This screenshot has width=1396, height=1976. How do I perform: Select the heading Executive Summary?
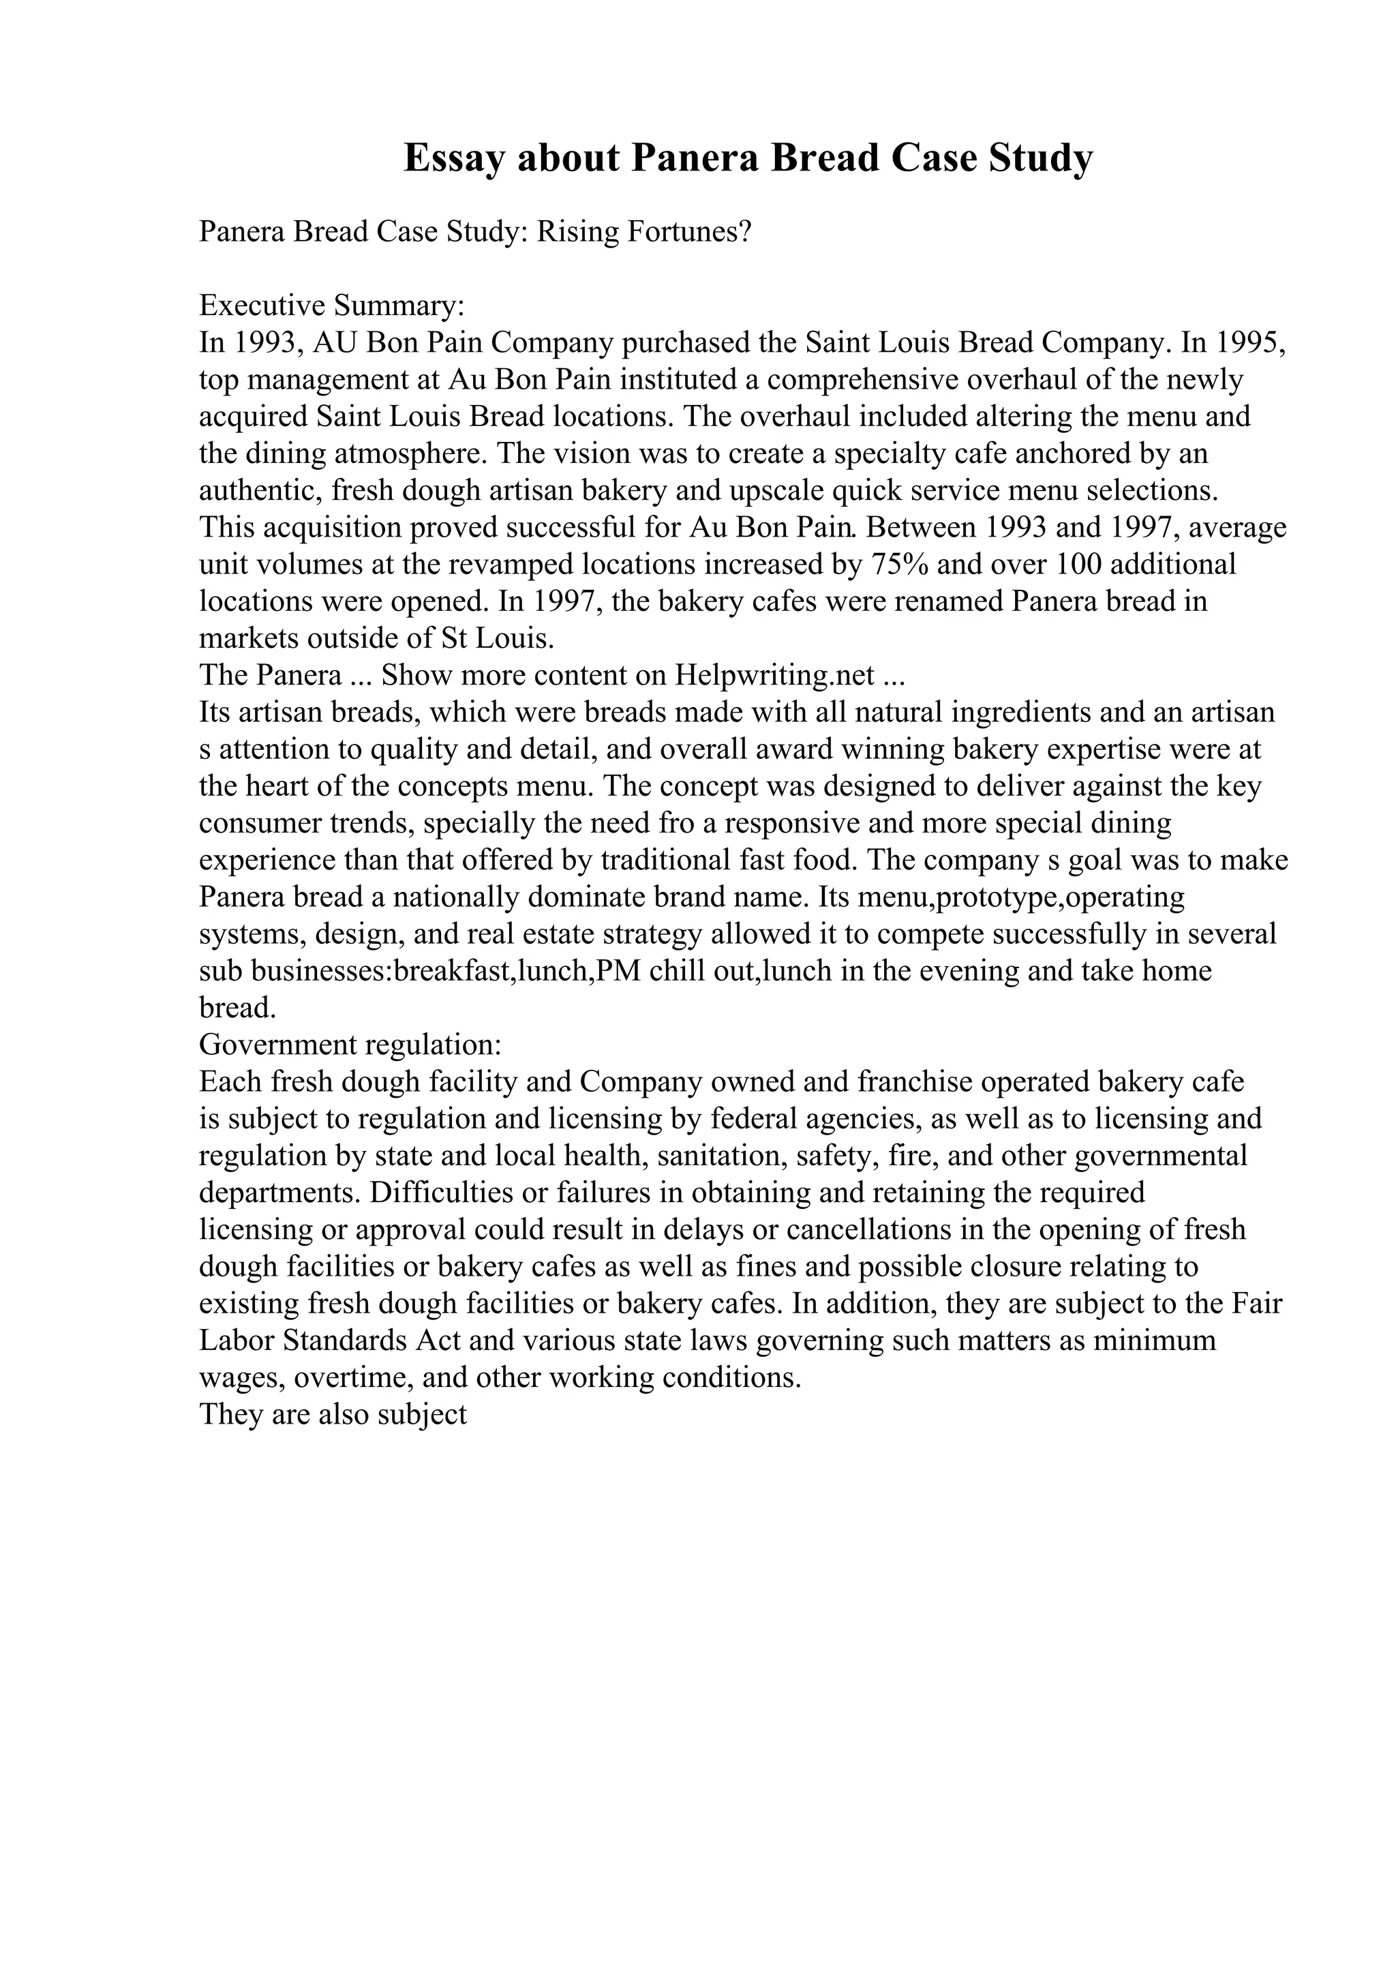pyautogui.click(x=331, y=305)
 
